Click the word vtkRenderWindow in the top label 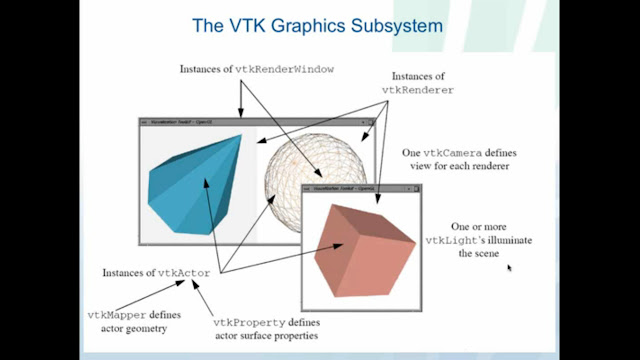tap(285, 69)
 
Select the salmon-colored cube tap(361, 246)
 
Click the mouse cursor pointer tap(509, 267)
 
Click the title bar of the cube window tap(360, 187)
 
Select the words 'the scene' tap(479, 254)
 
